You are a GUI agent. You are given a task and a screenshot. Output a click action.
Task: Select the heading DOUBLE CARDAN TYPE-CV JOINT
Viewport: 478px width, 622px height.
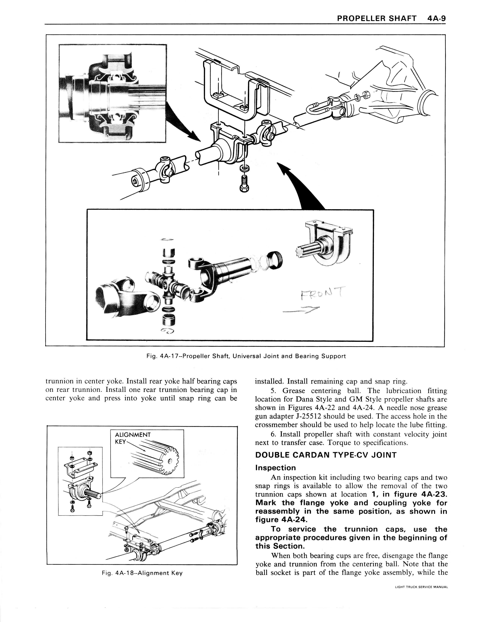(x=326, y=455)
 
